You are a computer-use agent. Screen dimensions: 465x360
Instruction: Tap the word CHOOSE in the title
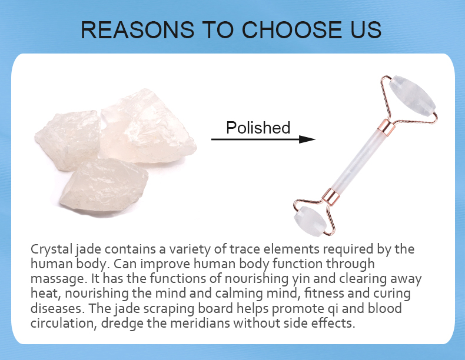[292, 29]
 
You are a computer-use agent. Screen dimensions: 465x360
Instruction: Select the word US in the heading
[366, 29]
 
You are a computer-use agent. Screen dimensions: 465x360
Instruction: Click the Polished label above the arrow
[258, 128]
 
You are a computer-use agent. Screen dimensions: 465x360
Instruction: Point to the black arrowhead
[307, 139]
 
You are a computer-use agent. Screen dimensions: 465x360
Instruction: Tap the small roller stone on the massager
[310, 221]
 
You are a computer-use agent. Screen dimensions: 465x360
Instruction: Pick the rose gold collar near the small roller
[331, 196]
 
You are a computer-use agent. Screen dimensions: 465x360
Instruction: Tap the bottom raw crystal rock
[104, 186]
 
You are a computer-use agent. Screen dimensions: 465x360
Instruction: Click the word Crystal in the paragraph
[52, 249]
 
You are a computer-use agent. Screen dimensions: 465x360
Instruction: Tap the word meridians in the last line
[200, 323]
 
